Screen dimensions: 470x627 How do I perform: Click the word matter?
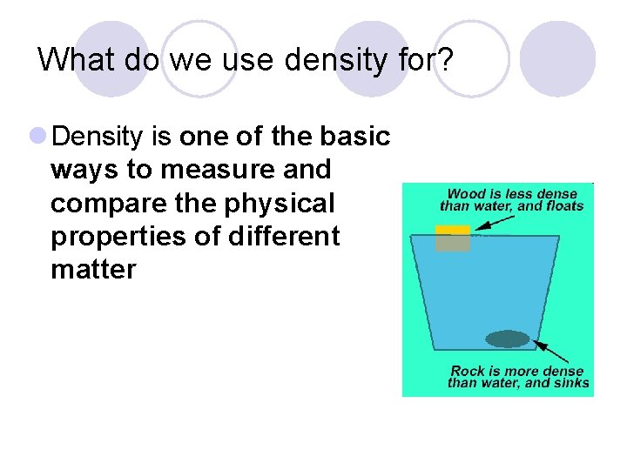click(93, 270)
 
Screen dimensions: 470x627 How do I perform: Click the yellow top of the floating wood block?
click(453, 230)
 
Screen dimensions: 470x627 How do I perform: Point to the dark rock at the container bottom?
click(507, 339)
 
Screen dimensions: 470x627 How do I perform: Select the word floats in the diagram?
click(563, 206)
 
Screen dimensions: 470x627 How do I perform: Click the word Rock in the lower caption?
click(469, 372)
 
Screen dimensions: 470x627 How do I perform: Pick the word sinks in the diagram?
click(570, 383)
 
